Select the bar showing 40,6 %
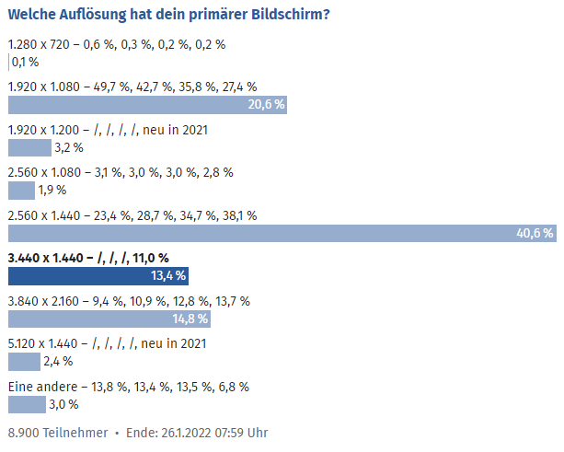tap(282, 233)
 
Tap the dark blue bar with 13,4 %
tap(98, 275)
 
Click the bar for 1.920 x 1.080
tap(147, 105)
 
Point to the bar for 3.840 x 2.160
tap(109, 319)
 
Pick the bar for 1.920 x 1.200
tap(29, 147)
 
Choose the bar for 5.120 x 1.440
tap(24, 361)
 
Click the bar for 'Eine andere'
tap(27, 404)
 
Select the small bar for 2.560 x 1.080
tap(21, 191)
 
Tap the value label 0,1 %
tap(25, 63)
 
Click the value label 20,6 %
tap(267, 105)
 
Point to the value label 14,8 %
tap(190, 319)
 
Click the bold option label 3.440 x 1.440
tap(87, 258)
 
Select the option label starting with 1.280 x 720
tap(116, 44)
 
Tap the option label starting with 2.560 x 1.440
tap(132, 215)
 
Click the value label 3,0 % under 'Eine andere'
tap(63, 404)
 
